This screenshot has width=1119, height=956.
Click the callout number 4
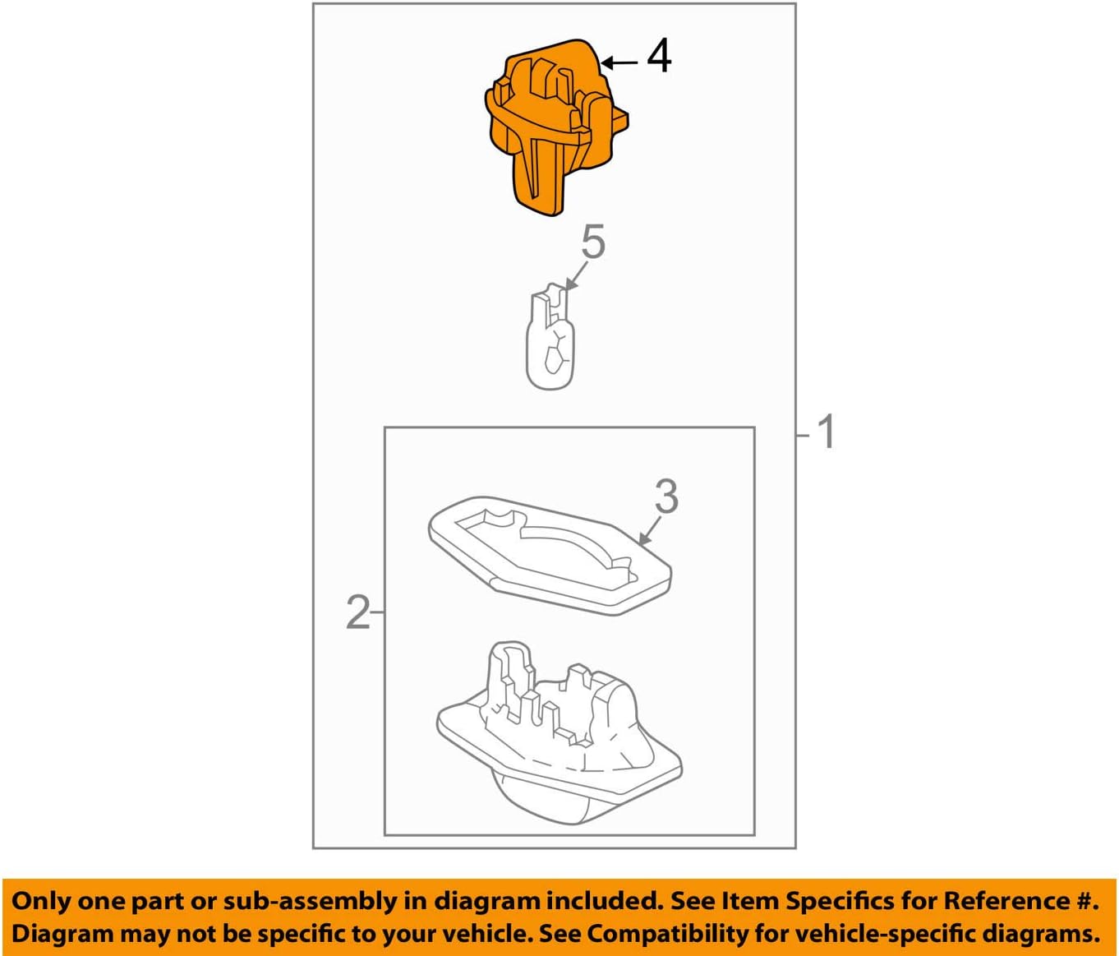pos(659,57)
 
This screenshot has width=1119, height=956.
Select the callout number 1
pos(827,432)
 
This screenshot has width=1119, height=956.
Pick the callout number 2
pos(357,612)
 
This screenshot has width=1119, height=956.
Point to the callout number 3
pos(666,496)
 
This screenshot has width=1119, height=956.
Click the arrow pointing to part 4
pos(620,62)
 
